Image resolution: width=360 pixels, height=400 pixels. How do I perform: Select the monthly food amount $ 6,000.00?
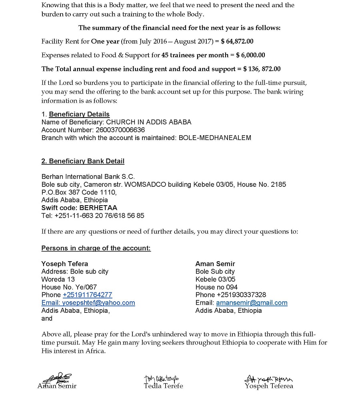[x=250, y=55]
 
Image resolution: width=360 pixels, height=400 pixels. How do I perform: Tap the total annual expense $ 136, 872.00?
[x=262, y=69]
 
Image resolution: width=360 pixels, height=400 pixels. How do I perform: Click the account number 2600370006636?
[x=120, y=130]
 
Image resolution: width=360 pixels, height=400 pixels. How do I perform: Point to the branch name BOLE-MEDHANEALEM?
[x=215, y=138]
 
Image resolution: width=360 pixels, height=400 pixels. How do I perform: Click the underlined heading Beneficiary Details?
[x=79, y=114]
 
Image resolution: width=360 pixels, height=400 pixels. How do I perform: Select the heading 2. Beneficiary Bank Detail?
[x=83, y=161]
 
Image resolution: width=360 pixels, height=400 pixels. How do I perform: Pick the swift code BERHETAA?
[x=98, y=208]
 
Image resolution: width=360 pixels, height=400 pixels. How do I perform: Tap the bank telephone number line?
[x=93, y=216]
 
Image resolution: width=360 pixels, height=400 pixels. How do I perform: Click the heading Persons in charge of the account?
[x=96, y=248]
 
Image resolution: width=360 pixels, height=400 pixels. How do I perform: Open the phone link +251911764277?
[x=87, y=295]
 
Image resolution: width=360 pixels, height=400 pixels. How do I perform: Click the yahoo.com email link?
[x=88, y=303]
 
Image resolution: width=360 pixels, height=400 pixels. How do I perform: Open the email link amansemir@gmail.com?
[x=252, y=303]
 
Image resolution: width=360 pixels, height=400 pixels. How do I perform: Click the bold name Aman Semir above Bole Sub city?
[x=215, y=264]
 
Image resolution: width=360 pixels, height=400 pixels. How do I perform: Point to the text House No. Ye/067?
[x=69, y=287]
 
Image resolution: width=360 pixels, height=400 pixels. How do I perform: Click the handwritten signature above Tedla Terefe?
[x=162, y=378]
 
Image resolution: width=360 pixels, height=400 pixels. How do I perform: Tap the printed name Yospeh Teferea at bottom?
[x=269, y=386]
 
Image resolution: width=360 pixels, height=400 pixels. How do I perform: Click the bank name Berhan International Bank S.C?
[x=88, y=177]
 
